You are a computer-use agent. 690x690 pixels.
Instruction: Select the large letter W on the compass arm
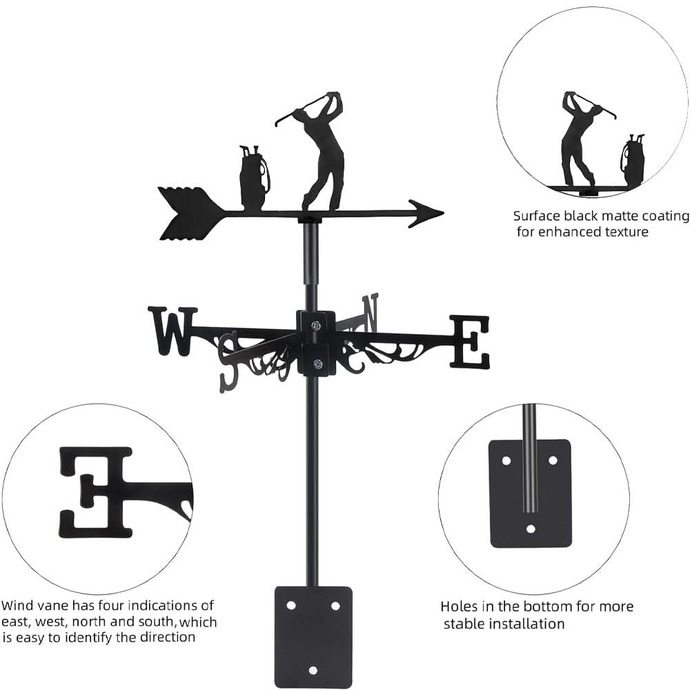click(x=171, y=331)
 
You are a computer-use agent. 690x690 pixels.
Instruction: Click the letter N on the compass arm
click(x=371, y=311)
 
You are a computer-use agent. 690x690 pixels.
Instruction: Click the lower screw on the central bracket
click(x=317, y=363)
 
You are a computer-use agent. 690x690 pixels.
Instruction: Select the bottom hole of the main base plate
click(x=313, y=670)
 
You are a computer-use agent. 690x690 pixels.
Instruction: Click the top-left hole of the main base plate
click(x=290, y=605)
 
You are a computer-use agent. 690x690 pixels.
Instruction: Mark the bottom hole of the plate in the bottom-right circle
click(x=531, y=529)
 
